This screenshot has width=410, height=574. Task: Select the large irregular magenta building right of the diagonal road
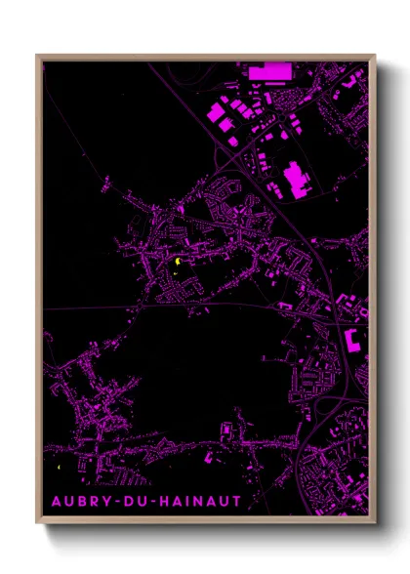297,179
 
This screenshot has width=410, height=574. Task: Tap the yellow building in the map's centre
179,262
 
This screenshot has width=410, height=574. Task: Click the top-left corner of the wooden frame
38,56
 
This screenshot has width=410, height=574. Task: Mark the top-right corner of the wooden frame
375,56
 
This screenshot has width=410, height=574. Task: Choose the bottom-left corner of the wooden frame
38,521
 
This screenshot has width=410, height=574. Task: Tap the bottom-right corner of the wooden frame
375,521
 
